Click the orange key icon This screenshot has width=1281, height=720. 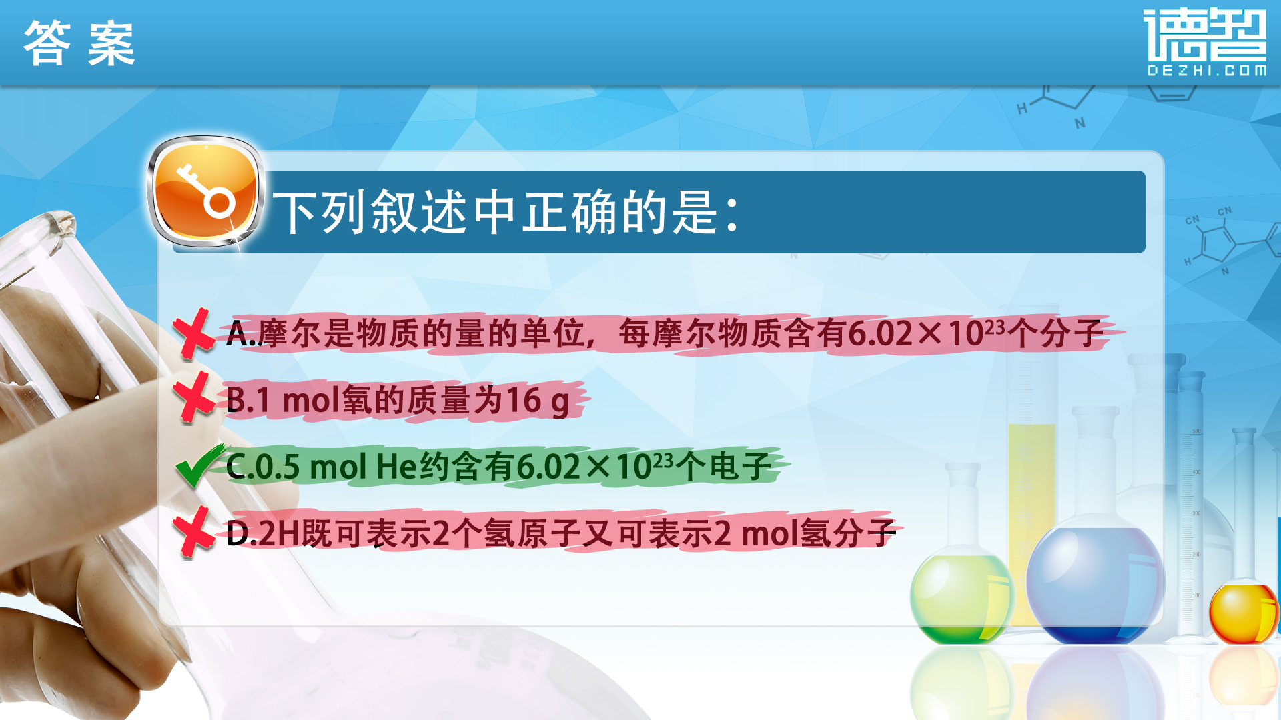[205, 192]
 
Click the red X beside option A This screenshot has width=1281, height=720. [193, 333]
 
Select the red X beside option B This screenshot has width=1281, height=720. [193, 397]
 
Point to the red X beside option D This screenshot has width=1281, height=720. [193, 531]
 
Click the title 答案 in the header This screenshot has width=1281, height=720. [79, 43]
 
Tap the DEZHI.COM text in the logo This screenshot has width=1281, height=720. [1206, 70]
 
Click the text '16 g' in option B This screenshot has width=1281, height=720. [538, 401]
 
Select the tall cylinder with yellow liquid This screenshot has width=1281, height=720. [1031, 467]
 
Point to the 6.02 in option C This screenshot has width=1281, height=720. [548, 466]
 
